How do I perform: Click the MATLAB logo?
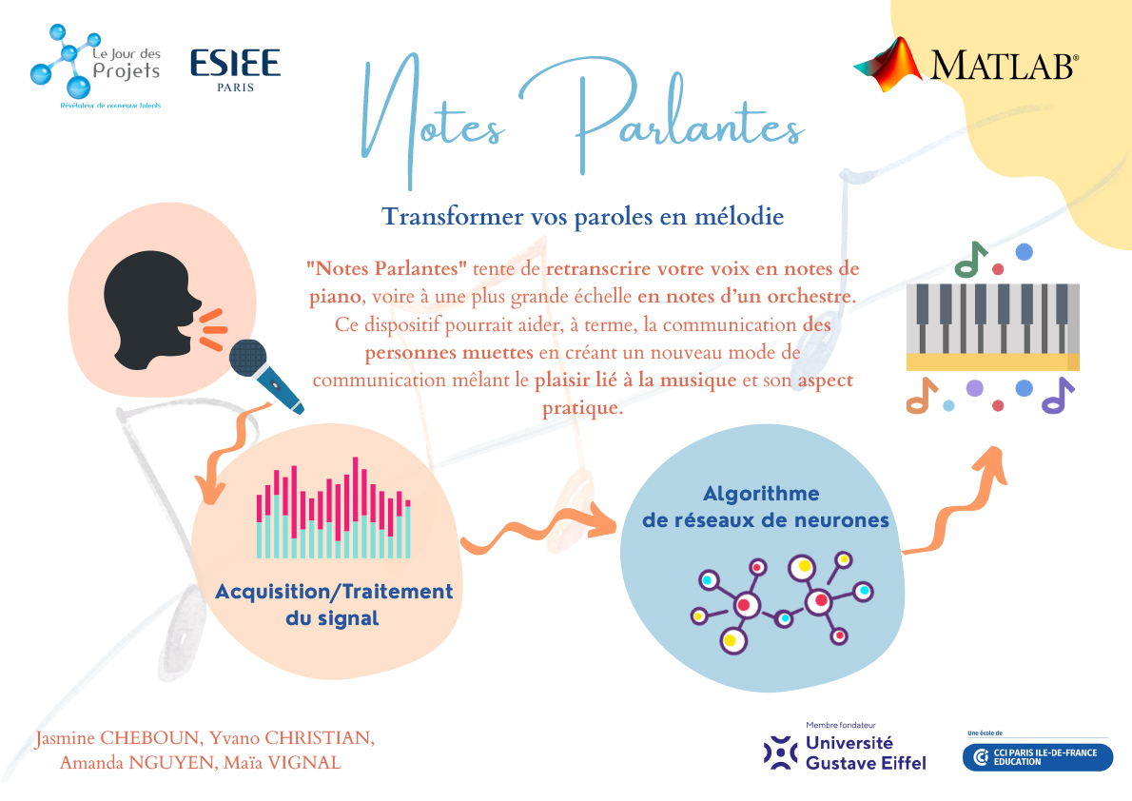pyautogui.click(x=966, y=65)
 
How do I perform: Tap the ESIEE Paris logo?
pyautogui.click(x=235, y=70)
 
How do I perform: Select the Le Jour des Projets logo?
pyautogui.click(x=96, y=67)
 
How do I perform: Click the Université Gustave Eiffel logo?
pyautogui.click(x=845, y=748)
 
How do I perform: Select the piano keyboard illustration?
pyautogui.click(x=993, y=326)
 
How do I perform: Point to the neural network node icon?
pyautogui.click(x=782, y=602)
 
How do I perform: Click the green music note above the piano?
pyautogui.click(x=970, y=260)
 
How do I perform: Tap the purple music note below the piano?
pyautogui.click(x=1058, y=396)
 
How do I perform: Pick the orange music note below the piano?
pyautogui.click(x=922, y=396)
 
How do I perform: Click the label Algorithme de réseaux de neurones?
pyautogui.click(x=765, y=506)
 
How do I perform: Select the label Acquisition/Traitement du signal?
pyautogui.click(x=334, y=604)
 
